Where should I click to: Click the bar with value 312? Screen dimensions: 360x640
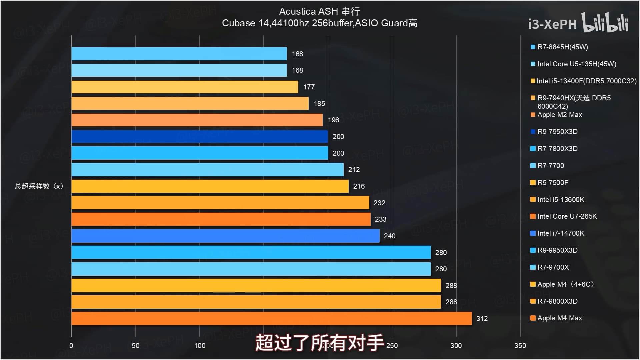[x=271, y=319]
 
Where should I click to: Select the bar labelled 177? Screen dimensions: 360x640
[x=185, y=87]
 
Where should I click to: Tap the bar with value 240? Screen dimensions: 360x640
[x=225, y=236]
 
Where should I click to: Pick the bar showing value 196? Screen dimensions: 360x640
[x=197, y=120]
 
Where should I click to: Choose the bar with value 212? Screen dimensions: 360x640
[x=207, y=170]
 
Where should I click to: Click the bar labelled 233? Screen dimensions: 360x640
[x=221, y=219]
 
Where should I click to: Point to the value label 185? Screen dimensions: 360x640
[x=319, y=104]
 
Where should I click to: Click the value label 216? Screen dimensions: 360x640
[x=359, y=186]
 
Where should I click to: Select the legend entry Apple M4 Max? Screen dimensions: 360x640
[x=559, y=318]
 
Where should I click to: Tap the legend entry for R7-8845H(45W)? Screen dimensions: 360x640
[x=562, y=47]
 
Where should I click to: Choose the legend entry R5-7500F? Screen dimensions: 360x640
[x=553, y=183]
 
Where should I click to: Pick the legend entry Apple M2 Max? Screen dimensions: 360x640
[x=559, y=115]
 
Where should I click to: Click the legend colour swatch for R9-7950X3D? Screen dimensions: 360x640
[x=533, y=132]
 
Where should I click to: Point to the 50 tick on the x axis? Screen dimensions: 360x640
[x=135, y=346]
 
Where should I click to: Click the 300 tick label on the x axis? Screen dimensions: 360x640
[x=456, y=346]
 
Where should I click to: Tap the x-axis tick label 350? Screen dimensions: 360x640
[x=520, y=346]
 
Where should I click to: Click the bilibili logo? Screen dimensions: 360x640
[x=605, y=23]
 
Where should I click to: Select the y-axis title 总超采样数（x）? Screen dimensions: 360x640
[x=39, y=186]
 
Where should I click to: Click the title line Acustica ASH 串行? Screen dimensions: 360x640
[x=319, y=11]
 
